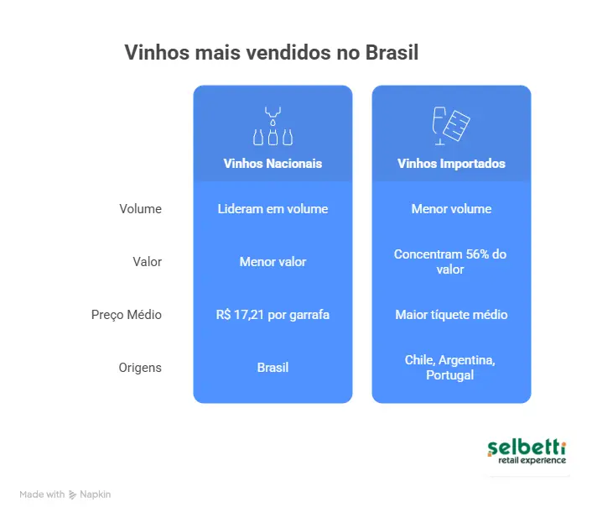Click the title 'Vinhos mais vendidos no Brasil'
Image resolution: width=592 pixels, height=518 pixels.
click(x=271, y=52)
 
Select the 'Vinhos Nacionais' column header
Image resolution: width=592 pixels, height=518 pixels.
click(x=273, y=164)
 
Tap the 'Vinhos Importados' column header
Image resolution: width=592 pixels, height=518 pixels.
click(x=451, y=164)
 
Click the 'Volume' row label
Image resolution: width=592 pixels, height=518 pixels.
click(x=140, y=209)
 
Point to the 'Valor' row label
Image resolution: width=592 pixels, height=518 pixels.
click(x=147, y=262)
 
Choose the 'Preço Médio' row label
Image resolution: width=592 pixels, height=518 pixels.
click(x=127, y=315)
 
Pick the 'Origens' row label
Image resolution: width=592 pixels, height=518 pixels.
click(x=140, y=368)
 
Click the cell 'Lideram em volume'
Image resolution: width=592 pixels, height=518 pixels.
click(x=273, y=209)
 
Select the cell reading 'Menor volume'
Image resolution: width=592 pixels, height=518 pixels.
click(x=451, y=209)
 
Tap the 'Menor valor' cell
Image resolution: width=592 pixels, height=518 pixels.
click(x=273, y=262)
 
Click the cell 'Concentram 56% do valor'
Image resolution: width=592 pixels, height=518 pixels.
click(x=451, y=262)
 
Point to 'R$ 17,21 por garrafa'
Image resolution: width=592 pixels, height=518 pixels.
click(x=273, y=315)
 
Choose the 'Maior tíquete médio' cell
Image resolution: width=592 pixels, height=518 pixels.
click(x=451, y=315)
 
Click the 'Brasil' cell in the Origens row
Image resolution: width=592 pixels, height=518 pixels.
click(x=273, y=368)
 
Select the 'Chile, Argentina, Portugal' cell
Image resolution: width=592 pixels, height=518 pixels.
click(x=451, y=368)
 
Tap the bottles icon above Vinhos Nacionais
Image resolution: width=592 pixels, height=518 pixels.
click(x=273, y=126)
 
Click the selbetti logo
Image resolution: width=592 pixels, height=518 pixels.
click(x=527, y=451)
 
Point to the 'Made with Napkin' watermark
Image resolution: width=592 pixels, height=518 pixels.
click(x=65, y=494)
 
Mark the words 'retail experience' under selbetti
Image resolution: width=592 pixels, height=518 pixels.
click(x=532, y=460)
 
